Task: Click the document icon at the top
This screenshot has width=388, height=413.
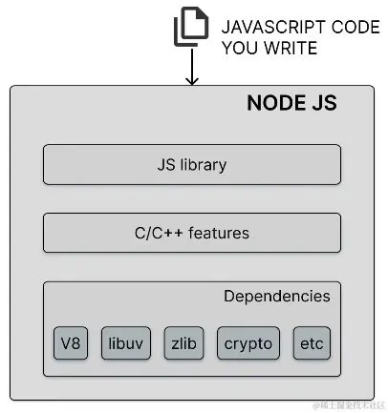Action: (x=191, y=27)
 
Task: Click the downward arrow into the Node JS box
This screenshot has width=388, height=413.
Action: (x=191, y=69)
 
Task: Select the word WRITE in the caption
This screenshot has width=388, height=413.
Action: (x=288, y=47)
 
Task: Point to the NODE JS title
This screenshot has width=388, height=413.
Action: (x=291, y=102)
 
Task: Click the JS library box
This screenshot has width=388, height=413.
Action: (x=191, y=164)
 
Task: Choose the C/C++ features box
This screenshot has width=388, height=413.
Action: (x=191, y=232)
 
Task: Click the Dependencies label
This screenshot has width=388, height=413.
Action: (x=276, y=296)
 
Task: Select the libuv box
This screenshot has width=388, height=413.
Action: (x=125, y=343)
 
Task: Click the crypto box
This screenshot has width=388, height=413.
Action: (x=248, y=343)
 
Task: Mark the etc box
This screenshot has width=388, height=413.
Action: (x=312, y=343)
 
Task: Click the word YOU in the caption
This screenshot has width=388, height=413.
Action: (x=239, y=47)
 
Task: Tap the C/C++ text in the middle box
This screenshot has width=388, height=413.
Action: (x=157, y=232)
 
